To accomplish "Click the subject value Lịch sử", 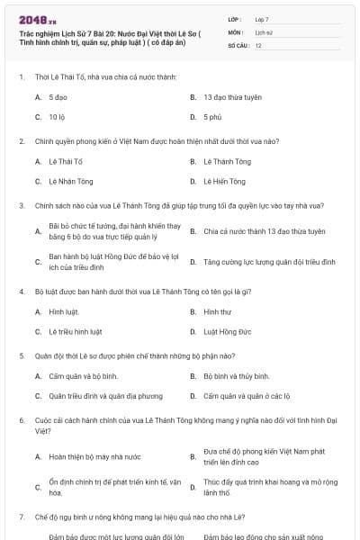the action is (263, 31).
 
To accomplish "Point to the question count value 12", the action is (258, 44).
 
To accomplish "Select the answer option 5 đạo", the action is (58, 95).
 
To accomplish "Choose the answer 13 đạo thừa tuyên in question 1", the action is (231, 95).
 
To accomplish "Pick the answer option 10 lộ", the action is (57, 116).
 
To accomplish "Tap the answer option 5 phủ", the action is (211, 116).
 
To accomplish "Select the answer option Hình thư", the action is (217, 311).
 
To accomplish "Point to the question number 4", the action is (21, 292).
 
